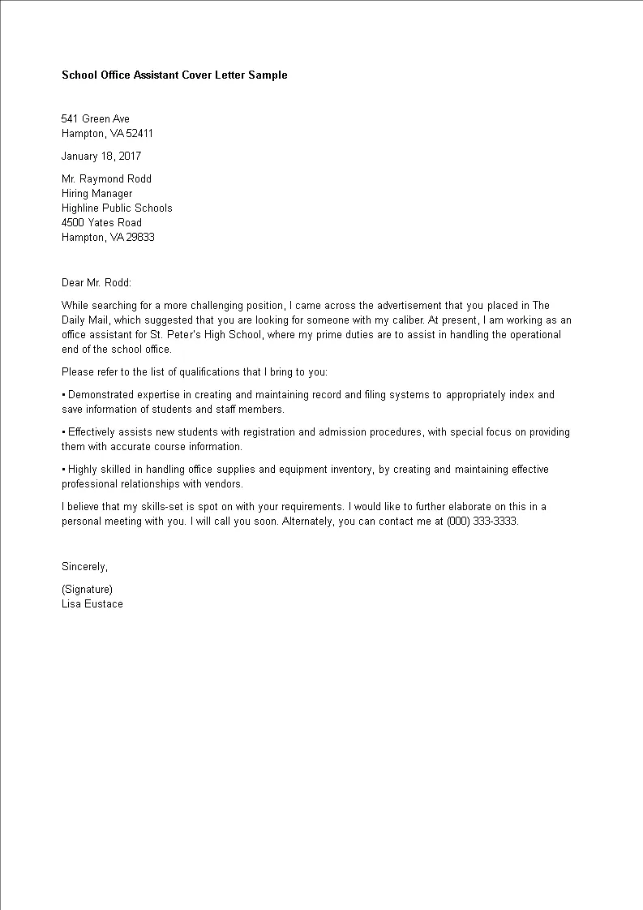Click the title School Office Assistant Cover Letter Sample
[174, 75]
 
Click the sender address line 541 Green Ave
[96, 119]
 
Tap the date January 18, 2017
[101, 157]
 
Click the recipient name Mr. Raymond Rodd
[106, 179]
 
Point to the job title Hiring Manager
[96, 194]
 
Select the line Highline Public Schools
[117, 208]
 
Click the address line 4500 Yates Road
[101, 223]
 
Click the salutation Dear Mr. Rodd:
[96, 283]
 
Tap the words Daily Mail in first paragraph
[82, 320]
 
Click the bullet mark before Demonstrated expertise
[63, 395]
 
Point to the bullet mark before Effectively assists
[63, 432]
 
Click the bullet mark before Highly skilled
[63, 470]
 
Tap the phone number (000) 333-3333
[482, 522]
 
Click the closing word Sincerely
[84, 567]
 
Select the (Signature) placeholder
[87, 590]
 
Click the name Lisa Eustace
[92, 604]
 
